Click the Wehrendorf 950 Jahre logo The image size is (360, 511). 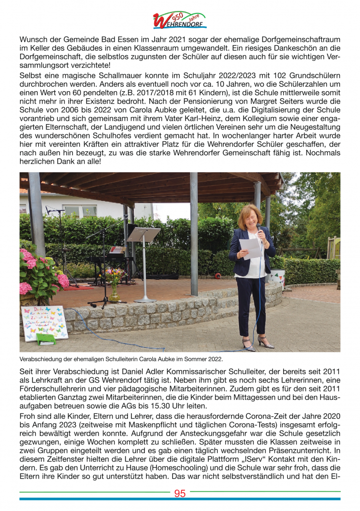coord(180,20)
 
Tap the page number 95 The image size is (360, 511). coord(180,493)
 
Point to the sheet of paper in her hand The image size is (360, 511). coord(251,248)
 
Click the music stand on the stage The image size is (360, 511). coord(143,235)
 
